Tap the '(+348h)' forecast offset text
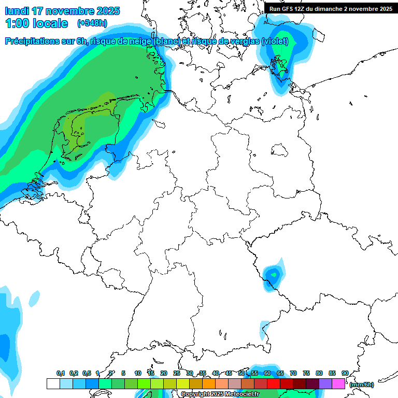(x=93, y=23)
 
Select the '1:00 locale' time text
(x=37, y=23)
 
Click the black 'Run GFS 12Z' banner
(x=331, y=8)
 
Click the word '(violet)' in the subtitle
(x=275, y=41)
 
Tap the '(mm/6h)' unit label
(x=361, y=384)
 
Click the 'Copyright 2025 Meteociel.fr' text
(x=220, y=394)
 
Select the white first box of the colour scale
(x=53, y=383)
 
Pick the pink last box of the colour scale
(x=338, y=383)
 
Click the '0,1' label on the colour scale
(x=60, y=374)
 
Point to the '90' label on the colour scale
(x=345, y=374)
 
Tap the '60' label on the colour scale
(x=267, y=374)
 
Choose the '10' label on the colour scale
(x=138, y=374)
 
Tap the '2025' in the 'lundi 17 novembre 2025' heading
(x=108, y=11)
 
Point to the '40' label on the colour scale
(x=216, y=374)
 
